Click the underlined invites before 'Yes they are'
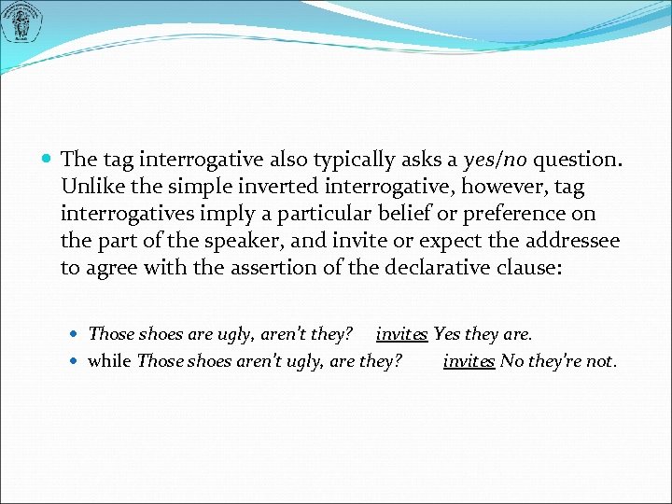[401, 333]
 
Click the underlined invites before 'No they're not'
[469, 360]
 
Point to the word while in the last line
[109, 360]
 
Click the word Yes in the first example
[446, 333]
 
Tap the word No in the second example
[511, 360]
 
